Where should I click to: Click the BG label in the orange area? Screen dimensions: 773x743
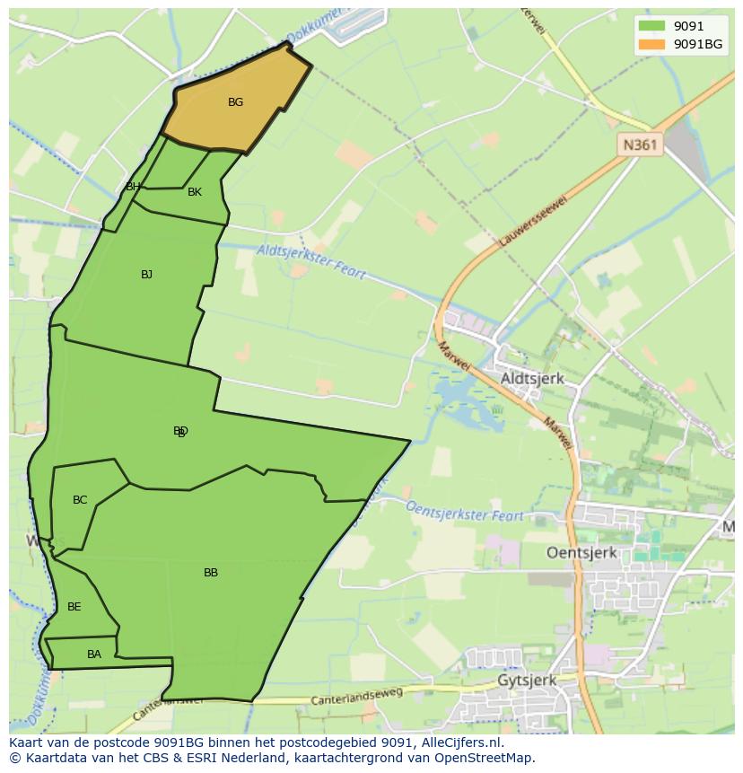[x=235, y=102]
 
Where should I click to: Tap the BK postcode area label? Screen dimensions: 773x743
[x=195, y=192]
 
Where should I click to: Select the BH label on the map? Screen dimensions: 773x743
[x=133, y=187]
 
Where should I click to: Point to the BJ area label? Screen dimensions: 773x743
[x=146, y=275]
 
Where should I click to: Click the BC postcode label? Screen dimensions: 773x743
[x=80, y=500]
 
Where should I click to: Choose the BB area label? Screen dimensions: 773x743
[x=211, y=573]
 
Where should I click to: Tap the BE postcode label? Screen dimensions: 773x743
[x=74, y=607]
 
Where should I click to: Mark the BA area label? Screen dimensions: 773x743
[x=94, y=654]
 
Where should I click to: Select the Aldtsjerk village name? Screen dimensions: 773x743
[x=532, y=379]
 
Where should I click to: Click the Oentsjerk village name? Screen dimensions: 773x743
[x=581, y=553]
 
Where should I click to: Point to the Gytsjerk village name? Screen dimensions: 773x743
[x=527, y=681]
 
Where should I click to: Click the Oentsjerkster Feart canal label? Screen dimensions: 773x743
[x=465, y=511]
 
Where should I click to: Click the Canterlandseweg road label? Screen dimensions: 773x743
[x=354, y=698]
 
